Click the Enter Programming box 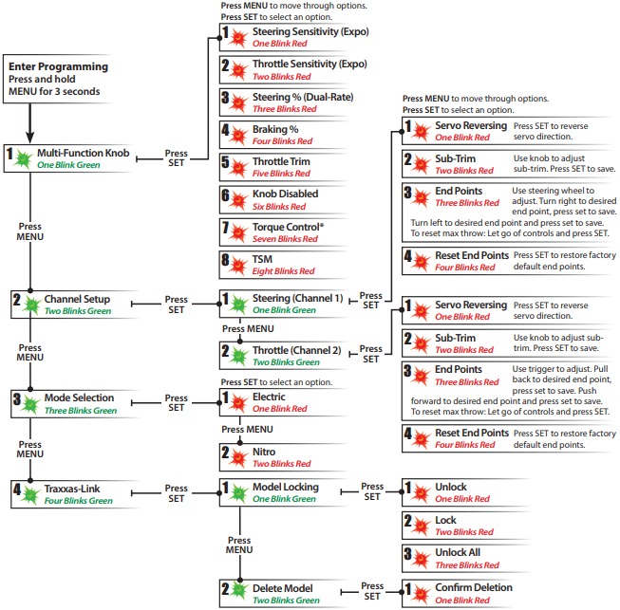pyautogui.click(x=58, y=79)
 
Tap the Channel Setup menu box pyautogui.click(x=66, y=305)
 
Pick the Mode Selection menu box pyautogui.click(x=66, y=403)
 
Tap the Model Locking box pyautogui.click(x=279, y=493)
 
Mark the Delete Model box pyautogui.click(x=279, y=593)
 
